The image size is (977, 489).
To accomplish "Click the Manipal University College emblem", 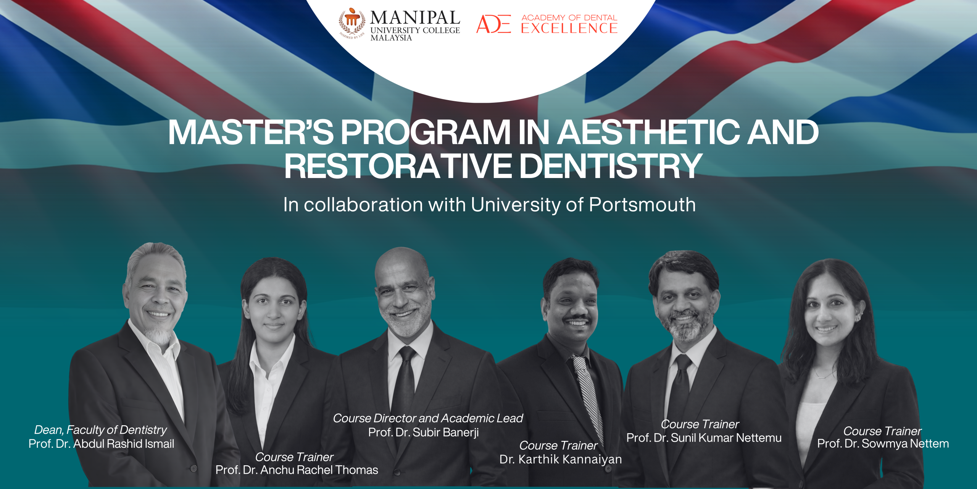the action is click(x=352, y=23).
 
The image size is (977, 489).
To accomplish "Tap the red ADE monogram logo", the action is click(x=494, y=24).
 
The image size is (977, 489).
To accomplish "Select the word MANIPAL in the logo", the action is click(x=415, y=18).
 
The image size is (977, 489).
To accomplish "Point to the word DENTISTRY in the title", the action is click(x=611, y=166).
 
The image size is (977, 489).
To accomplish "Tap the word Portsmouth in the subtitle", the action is click(x=642, y=205).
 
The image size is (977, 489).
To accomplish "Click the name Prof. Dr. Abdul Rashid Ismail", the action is click(x=101, y=444).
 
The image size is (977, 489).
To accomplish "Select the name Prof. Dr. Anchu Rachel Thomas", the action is click(x=297, y=470).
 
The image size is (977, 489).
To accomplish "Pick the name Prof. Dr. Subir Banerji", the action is click(x=423, y=432).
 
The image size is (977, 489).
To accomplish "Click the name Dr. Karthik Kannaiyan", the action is click(x=561, y=459).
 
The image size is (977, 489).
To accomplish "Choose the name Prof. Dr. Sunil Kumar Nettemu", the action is click(x=704, y=438).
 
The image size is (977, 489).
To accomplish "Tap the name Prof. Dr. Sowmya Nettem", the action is click(x=883, y=444).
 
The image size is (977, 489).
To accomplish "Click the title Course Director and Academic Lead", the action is click(x=428, y=418).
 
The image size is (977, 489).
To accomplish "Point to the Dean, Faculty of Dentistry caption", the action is click(x=101, y=430).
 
